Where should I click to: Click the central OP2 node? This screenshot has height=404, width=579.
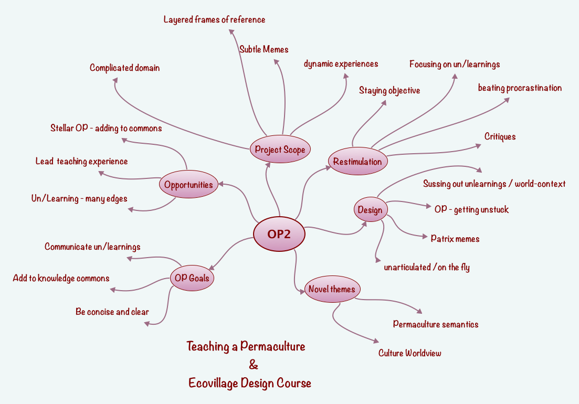tap(279, 235)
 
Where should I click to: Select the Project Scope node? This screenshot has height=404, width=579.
tap(280, 150)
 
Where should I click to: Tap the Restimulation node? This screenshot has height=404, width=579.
tap(357, 162)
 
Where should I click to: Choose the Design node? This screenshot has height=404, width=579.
tap(370, 210)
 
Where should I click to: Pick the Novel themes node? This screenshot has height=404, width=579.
tap(332, 289)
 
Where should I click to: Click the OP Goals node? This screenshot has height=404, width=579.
tap(192, 278)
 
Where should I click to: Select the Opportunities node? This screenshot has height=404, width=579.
tap(188, 184)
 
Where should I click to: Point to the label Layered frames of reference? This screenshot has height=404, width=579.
tap(214, 20)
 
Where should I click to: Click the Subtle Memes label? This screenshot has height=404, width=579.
tap(264, 49)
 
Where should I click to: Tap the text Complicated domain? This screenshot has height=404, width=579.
tap(124, 68)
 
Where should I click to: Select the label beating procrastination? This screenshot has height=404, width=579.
tap(520, 88)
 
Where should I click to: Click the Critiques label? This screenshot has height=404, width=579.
tap(500, 137)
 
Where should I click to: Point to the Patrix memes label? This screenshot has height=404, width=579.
tap(455, 239)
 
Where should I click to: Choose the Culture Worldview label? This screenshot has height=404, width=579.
tap(409, 353)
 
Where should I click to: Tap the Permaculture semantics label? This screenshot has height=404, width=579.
tap(436, 324)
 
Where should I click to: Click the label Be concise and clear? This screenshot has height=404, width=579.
tap(112, 312)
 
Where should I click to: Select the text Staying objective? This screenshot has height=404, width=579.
tap(389, 91)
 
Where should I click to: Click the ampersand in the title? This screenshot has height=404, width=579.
tap(254, 365)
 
